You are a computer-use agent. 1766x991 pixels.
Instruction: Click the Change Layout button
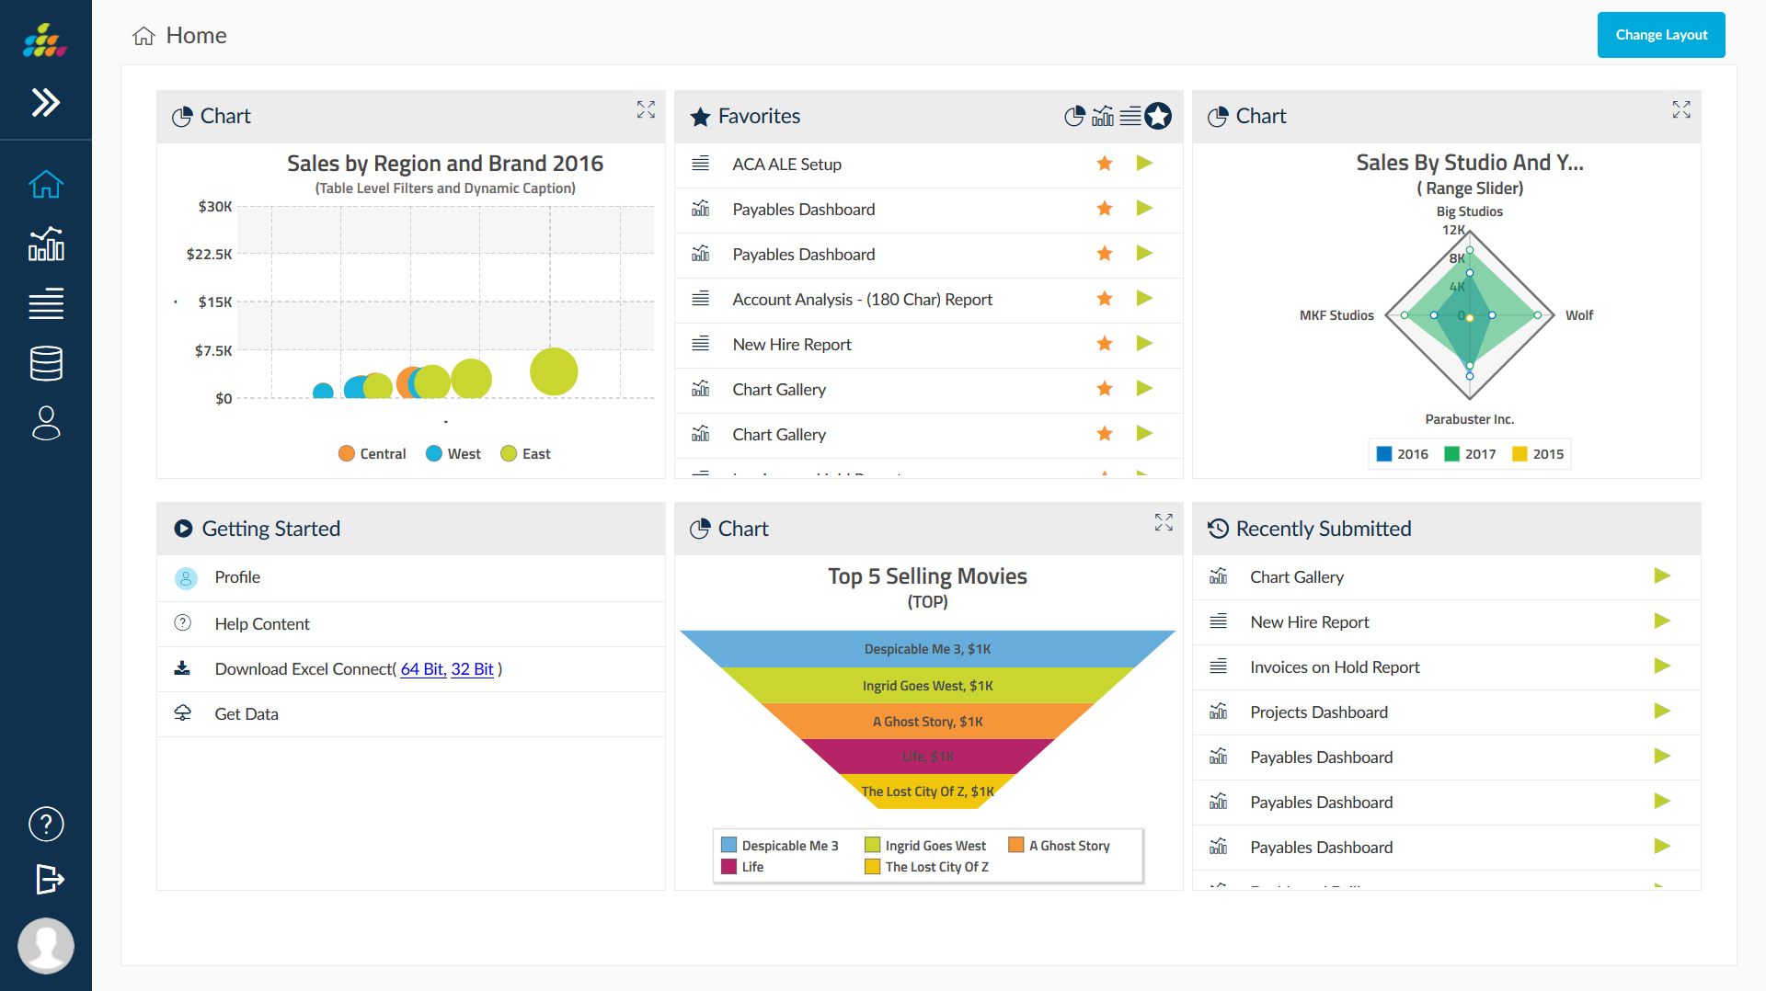[1660, 35]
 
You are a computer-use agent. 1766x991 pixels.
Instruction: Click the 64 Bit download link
[422, 669]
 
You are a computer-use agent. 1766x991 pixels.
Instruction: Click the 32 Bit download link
[472, 669]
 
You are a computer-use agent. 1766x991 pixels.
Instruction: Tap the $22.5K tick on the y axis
[210, 255]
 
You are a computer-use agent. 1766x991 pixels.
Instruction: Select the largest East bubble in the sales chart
[554, 371]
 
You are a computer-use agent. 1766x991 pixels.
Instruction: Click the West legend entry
[453, 454]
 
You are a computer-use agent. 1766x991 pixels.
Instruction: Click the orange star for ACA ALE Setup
[1105, 164]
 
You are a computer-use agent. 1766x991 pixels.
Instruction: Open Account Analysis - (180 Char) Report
[862, 300]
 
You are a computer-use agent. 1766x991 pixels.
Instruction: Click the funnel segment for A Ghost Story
[927, 722]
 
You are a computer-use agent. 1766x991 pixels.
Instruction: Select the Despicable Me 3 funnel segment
[927, 649]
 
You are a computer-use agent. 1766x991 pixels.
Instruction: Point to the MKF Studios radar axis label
[1336, 315]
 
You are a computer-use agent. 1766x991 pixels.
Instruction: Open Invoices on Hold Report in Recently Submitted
[1334, 667]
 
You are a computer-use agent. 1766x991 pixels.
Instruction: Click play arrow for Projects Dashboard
[1661, 712]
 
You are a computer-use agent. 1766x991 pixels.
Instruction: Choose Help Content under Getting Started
[262, 624]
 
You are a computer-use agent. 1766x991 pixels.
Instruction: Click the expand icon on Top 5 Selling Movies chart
[1164, 522]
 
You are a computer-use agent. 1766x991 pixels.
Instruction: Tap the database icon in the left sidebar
[46, 363]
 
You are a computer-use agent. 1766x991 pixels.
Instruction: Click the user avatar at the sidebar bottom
[46, 945]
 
